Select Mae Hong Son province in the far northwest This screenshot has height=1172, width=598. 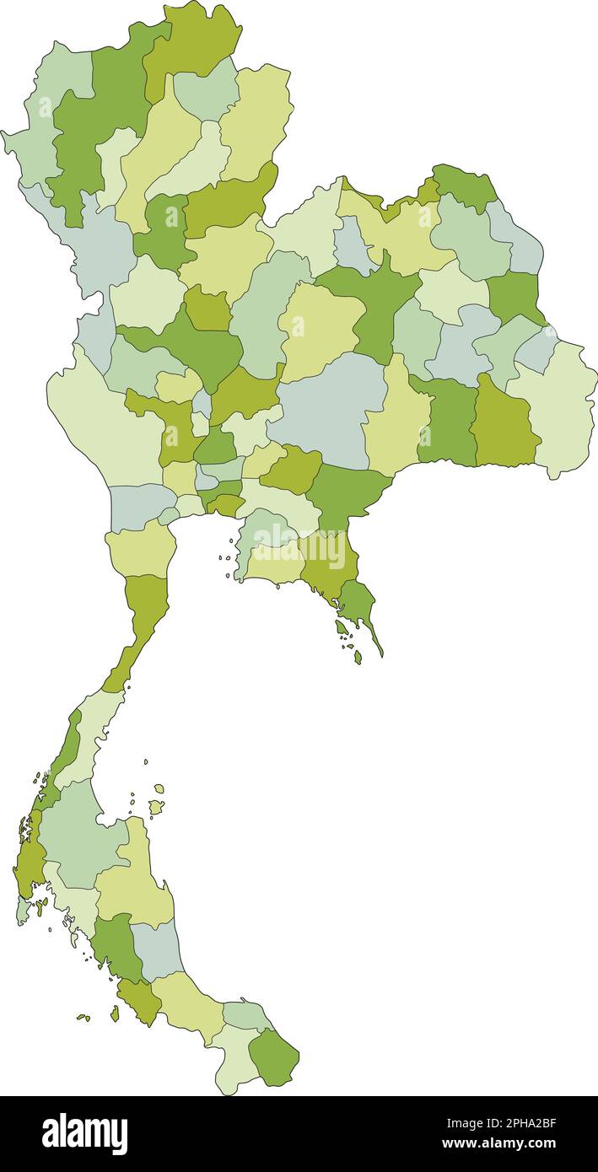[38, 126]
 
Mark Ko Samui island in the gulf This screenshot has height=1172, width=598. [156, 807]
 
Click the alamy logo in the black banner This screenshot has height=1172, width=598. [84, 1134]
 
